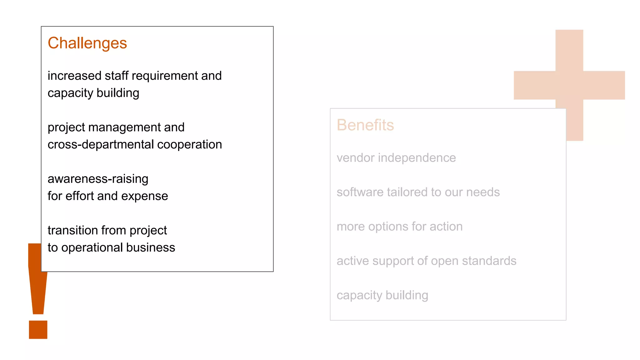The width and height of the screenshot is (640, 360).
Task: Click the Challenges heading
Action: [87, 43]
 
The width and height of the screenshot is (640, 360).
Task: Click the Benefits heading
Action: [365, 125]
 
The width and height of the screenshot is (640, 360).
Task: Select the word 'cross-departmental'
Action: [101, 145]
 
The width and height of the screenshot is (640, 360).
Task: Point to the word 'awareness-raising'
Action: [98, 179]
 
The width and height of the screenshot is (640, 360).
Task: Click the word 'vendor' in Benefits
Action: [355, 158]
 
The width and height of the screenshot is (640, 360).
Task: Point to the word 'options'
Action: [388, 227]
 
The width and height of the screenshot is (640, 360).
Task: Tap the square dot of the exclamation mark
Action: [38, 330]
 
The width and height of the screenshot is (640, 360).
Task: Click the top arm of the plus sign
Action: [569, 50]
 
